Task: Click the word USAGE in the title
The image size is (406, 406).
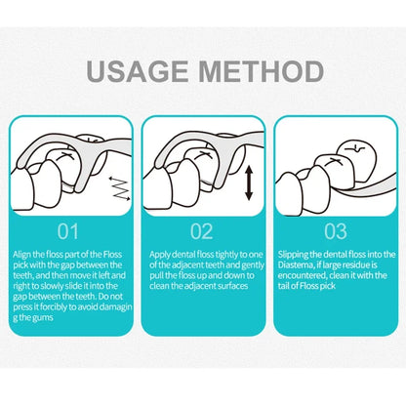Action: [x=138, y=71]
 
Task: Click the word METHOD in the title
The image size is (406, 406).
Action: [x=261, y=71]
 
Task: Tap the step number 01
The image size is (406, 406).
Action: [x=68, y=231]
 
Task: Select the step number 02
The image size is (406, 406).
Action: [x=202, y=231]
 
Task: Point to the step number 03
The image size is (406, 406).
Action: [x=336, y=231]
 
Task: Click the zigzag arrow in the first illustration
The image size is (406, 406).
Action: [x=119, y=188]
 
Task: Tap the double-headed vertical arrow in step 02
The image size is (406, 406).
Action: [x=249, y=183]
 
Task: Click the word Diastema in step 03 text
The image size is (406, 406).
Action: [x=296, y=265]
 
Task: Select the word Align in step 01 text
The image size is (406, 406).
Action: [x=22, y=255]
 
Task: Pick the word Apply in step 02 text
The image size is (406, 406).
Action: [x=160, y=255]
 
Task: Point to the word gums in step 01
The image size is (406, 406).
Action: [x=42, y=317]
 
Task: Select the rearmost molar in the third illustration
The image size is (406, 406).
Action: [x=356, y=160]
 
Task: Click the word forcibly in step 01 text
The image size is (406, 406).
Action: [x=51, y=307]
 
